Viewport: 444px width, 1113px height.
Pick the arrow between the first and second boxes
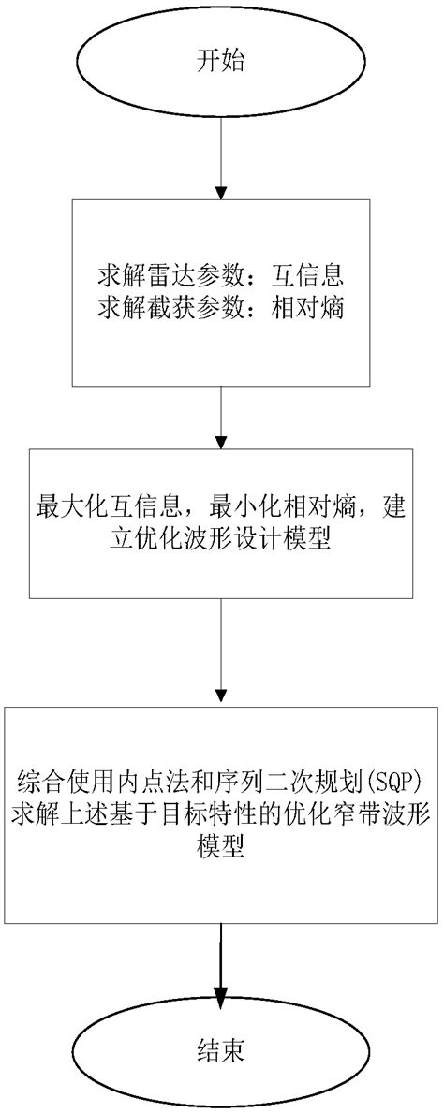[220, 417]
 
